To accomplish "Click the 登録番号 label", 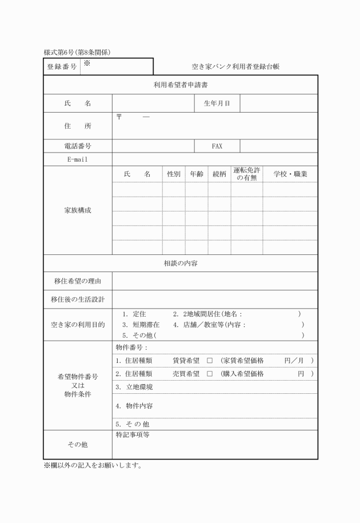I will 62,67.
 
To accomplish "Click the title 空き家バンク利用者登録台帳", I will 235,67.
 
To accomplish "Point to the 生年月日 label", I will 217,103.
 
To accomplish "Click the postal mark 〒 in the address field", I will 119,117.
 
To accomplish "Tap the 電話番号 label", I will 78,146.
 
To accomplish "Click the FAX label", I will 217,146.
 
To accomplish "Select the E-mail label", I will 78,159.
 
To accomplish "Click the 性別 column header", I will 174,174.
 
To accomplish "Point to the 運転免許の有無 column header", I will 247,174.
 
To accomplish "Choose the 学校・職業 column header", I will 290,174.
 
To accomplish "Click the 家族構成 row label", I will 78,210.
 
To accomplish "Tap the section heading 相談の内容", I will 181,263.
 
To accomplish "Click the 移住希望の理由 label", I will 78,281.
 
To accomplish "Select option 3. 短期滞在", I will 141,325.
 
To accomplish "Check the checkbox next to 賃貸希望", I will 210,361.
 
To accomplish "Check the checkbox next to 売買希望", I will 210,374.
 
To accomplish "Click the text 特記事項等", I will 132,435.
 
